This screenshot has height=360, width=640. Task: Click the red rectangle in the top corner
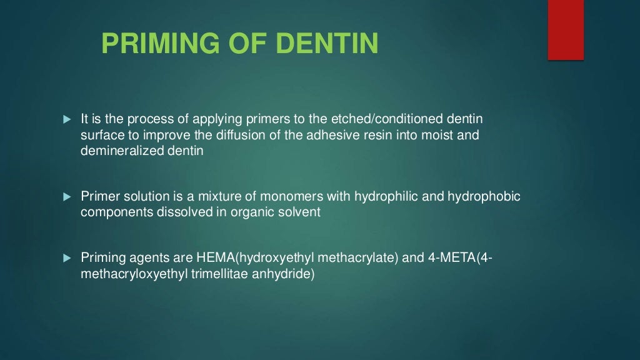[566, 29]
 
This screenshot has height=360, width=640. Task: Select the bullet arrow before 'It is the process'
[68, 119]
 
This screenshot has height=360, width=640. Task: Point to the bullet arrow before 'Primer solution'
[68, 197]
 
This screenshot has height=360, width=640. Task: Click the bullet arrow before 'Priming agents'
[68, 258]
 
